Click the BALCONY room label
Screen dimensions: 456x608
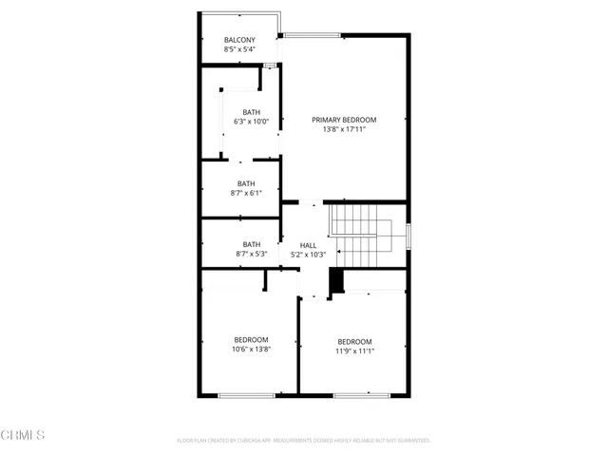pos(239,40)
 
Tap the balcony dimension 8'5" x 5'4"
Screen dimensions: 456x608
pos(239,49)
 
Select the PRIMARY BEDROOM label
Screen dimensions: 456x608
pos(344,120)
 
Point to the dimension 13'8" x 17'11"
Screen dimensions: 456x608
pos(344,129)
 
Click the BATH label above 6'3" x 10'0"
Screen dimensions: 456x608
pos(251,112)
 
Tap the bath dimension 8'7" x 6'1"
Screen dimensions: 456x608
pos(246,193)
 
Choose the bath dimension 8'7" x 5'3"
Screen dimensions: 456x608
pos(251,254)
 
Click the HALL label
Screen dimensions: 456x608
pos(308,245)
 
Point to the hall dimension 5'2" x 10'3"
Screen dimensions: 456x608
pos(308,255)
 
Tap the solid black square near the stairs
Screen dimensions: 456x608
pos(334,281)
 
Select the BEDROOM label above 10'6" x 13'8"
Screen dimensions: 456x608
pos(251,339)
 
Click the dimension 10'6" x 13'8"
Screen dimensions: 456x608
pos(251,349)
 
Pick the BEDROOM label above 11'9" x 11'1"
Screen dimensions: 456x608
pos(354,342)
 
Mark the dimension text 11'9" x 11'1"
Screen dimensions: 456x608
pos(354,351)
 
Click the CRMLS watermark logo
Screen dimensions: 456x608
pos(24,435)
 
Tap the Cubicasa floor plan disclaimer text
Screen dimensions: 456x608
pos(304,441)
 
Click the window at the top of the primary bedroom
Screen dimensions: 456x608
pos(313,36)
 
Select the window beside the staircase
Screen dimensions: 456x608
pos(408,236)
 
